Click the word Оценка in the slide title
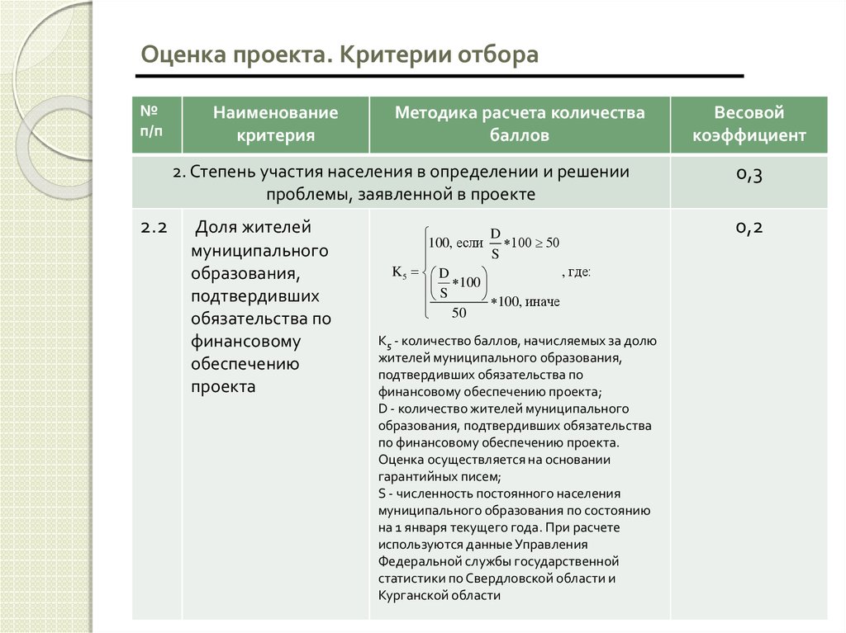[x=180, y=55]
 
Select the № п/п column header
[x=150, y=121]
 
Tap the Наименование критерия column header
[x=276, y=124]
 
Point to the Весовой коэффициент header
[x=749, y=124]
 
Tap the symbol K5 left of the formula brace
[x=400, y=273]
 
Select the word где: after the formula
[x=577, y=272]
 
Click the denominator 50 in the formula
[x=459, y=313]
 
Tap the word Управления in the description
[x=554, y=545]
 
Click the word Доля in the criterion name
[x=216, y=228]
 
